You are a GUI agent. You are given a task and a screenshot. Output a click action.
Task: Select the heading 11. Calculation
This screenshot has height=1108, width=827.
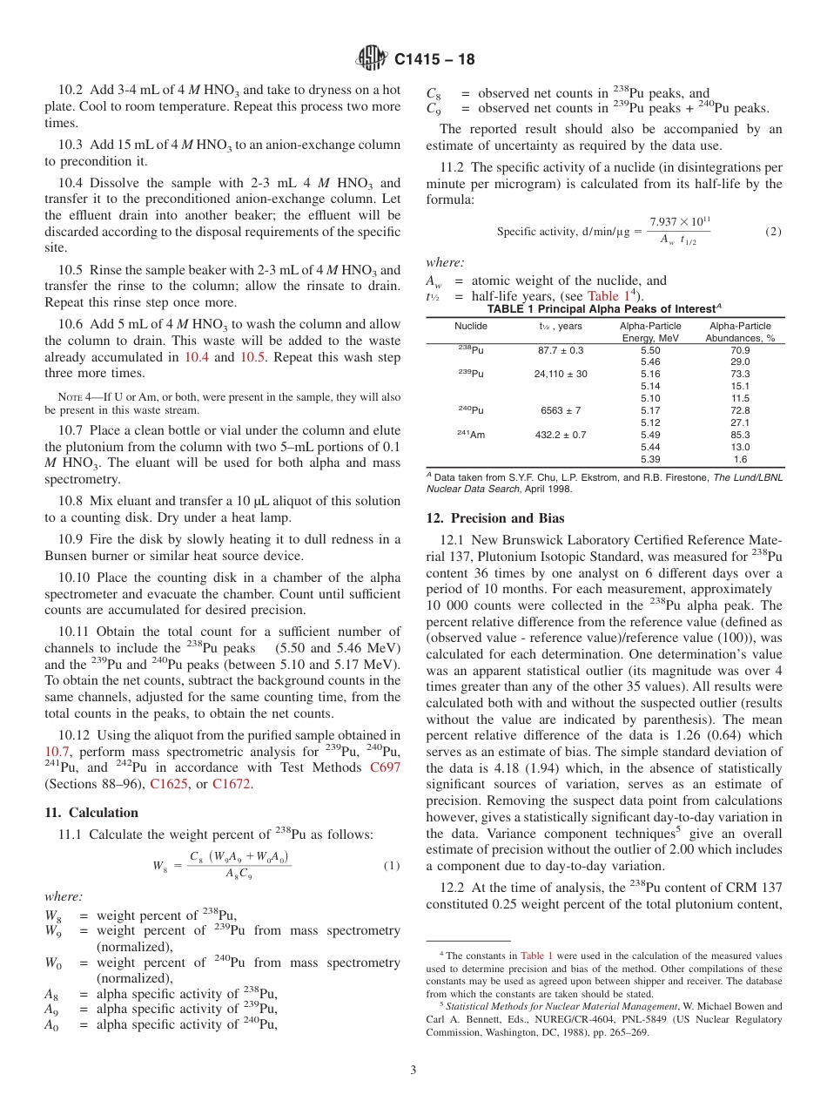click(x=91, y=813)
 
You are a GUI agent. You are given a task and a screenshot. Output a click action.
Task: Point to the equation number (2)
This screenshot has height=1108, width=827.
click(x=773, y=232)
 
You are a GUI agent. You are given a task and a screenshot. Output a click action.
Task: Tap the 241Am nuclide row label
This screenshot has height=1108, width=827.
click(x=471, y=435)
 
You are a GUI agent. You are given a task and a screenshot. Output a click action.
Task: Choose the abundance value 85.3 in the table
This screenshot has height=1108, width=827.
click(x=740, y=435)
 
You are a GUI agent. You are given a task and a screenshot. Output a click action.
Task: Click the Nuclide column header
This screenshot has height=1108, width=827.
click(x=471, y=326)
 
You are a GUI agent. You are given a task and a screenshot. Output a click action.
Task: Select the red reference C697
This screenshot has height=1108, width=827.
click(x=385, y=767)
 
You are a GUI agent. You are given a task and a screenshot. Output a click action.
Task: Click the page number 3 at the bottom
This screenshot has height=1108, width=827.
click(x=413, y=1070)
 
